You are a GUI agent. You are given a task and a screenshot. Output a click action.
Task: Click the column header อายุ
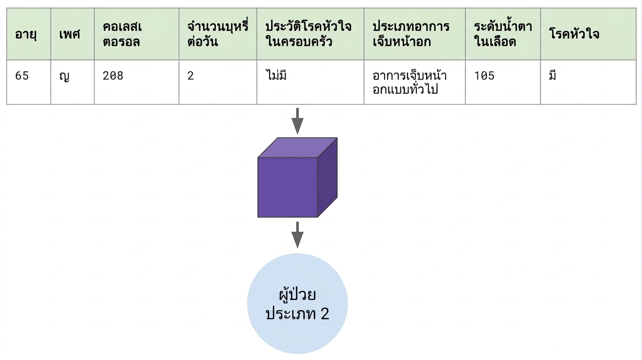pos(26,35)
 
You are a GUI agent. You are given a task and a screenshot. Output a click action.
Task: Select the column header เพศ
pos(70,34)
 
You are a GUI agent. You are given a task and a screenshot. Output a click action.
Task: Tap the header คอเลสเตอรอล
pos(122,34)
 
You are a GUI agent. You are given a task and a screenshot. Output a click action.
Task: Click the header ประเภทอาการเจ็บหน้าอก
pos(411,34)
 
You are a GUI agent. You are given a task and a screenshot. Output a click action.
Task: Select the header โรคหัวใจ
pos(574,34)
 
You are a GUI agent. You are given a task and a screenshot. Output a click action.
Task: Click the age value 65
pos(22,76)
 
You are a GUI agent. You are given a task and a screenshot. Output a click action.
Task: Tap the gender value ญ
pos(64,76)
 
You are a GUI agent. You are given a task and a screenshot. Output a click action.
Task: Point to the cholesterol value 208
pos(113,76)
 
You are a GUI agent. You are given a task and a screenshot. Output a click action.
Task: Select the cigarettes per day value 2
pos(190,76)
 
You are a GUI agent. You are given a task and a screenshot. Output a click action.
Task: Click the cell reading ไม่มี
pos(276,75)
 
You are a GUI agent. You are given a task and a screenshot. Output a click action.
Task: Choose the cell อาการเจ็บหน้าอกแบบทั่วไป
pos(409,82)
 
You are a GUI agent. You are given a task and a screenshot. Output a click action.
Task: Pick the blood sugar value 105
pos(484,76)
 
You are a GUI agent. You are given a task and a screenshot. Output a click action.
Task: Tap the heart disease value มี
pos(552,75)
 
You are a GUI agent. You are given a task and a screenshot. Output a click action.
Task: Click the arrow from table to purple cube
pos(297,121)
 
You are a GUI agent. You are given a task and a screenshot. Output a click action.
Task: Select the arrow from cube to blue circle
pos(297,235)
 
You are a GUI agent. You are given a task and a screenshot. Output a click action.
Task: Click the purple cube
pos(297,178)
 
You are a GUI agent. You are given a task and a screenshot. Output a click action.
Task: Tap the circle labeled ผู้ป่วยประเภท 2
pos(297,304)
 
